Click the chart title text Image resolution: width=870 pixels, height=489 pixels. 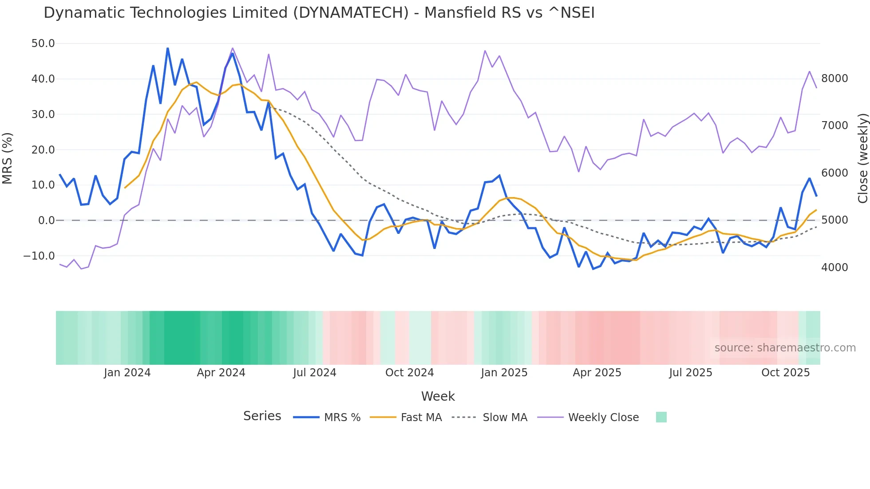(319, 13)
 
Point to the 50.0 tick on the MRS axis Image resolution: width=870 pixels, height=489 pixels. (43, 43)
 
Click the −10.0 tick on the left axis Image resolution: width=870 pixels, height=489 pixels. (39, 256)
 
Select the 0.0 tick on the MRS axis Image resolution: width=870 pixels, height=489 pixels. (46, 221)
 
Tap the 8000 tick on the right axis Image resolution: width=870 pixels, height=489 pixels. (834, 79)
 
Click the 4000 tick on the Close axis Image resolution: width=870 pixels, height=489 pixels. (834, 268)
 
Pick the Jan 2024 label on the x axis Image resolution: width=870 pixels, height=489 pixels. (127, 373)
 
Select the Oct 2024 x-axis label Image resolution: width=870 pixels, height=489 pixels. (409, 373)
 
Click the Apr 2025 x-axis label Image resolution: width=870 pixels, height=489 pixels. (597, 373)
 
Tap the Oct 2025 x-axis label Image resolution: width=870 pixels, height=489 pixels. (785, 373)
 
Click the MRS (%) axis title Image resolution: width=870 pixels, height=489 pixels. (8, 158)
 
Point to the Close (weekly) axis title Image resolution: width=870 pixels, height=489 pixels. (862, 158)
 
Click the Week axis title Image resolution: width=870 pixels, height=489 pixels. (438, 396)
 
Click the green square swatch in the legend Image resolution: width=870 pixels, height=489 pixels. (661, 417)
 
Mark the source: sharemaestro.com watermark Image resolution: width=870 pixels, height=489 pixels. (785, 348)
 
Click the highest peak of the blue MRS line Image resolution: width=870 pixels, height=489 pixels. (167, 48)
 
